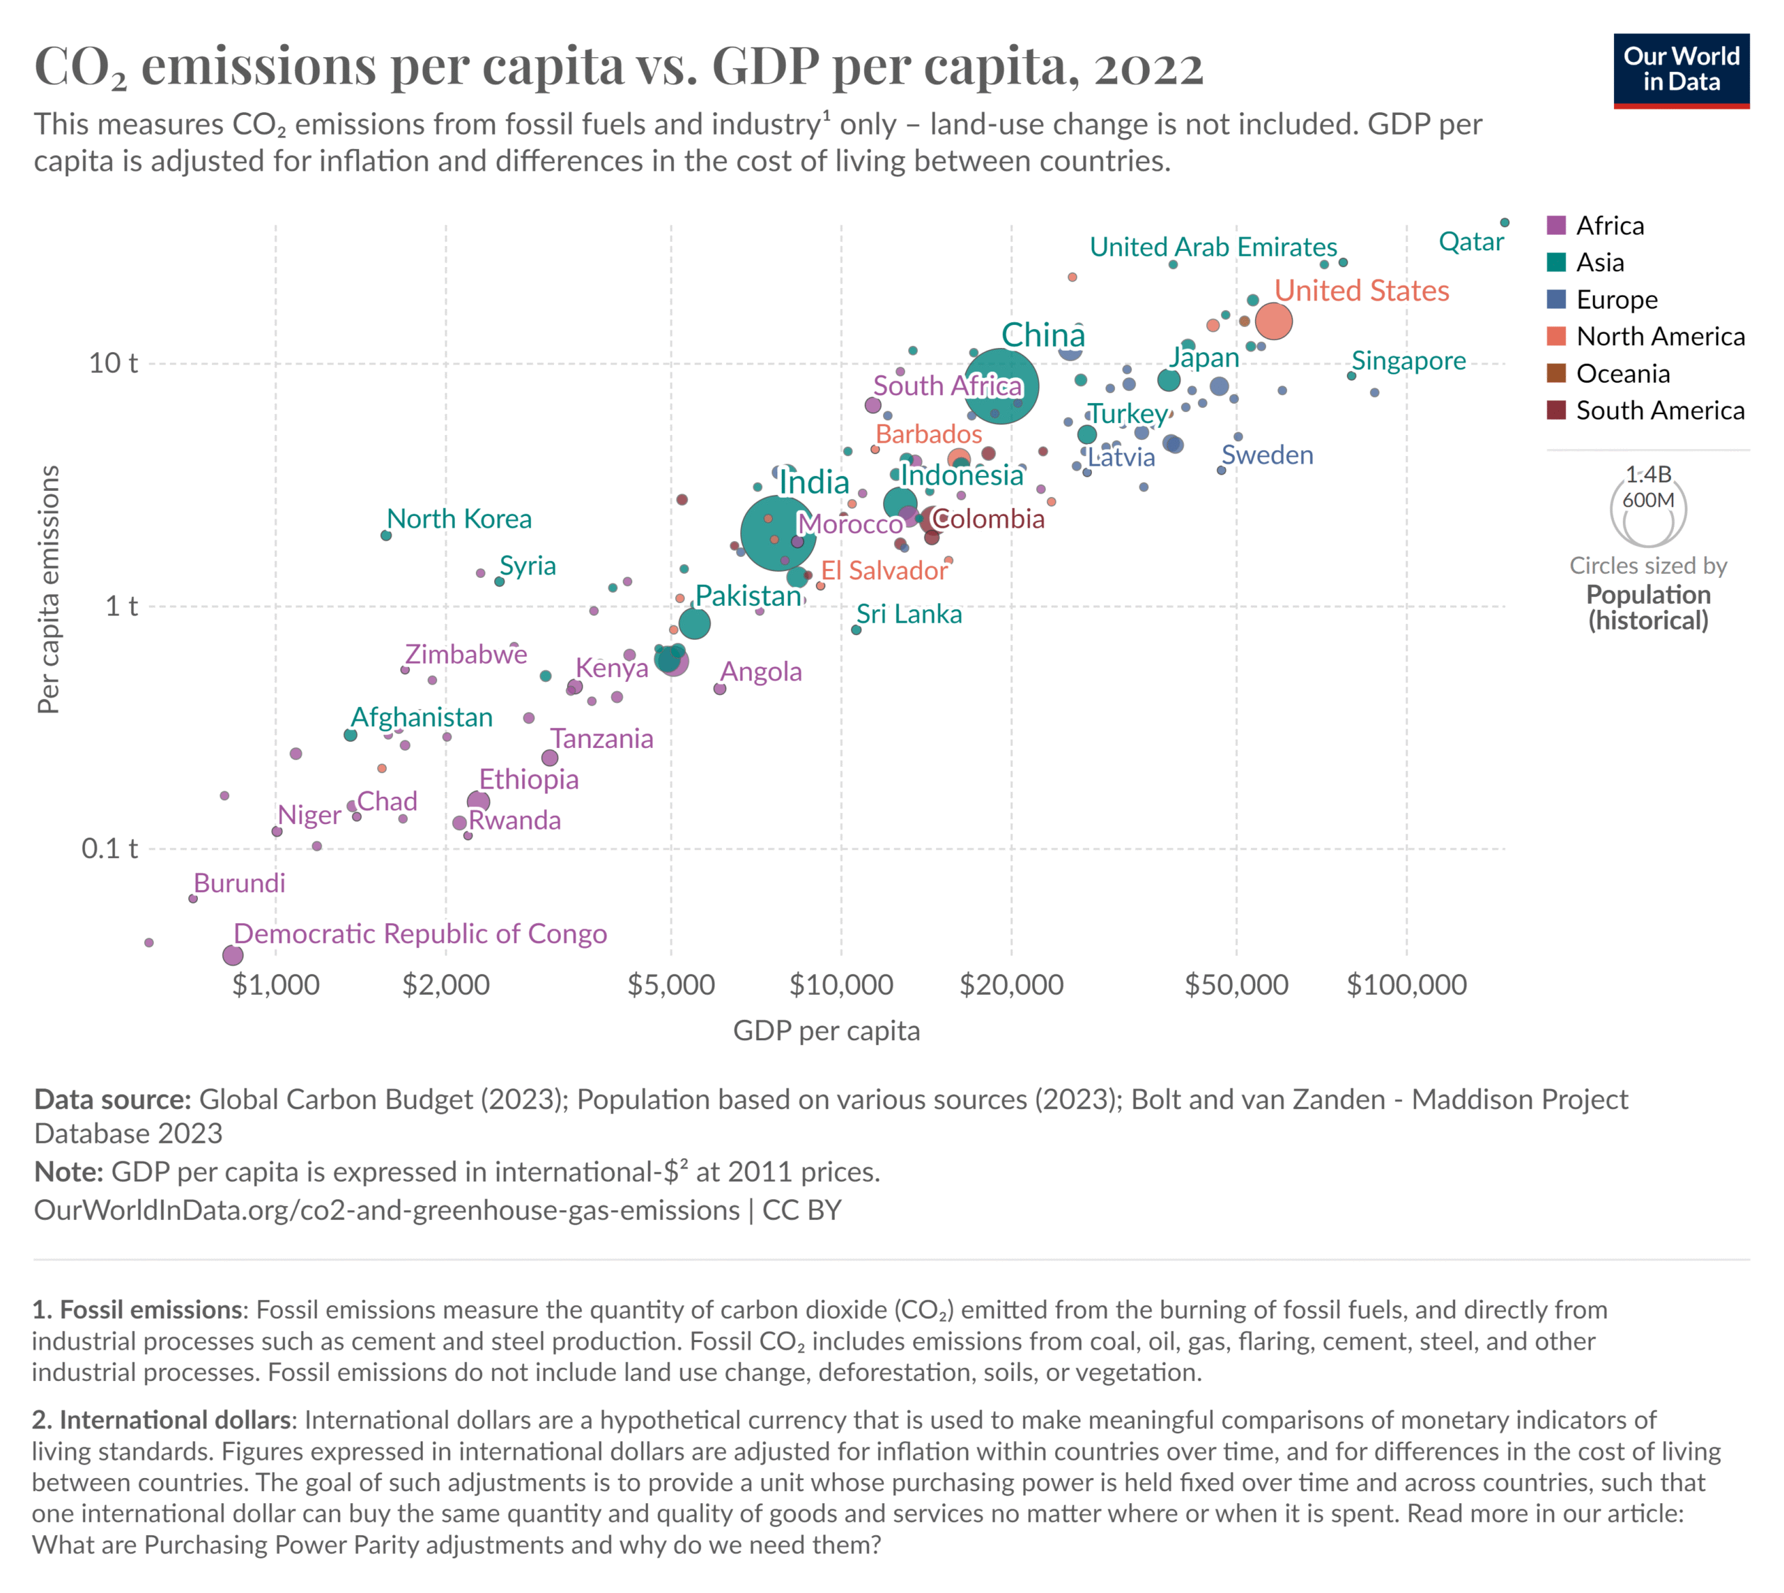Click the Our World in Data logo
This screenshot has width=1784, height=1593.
click(1680, 70)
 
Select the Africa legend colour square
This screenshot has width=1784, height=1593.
click(1555, 225)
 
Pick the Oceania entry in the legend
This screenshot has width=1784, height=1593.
click(1622, 374)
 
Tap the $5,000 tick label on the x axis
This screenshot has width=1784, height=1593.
click(671, 984)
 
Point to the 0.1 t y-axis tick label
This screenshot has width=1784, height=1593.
click(109, 848)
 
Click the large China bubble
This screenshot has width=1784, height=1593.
click(1002, 386)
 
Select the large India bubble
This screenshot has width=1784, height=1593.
click(778, 532)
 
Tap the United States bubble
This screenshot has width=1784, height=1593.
click(1273, 321)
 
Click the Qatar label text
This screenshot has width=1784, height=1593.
click(1471, 243)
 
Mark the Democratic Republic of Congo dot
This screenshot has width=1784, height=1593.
click(232, 955)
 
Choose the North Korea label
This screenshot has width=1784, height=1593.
click(459, 519)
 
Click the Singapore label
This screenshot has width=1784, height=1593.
click(1408, 360)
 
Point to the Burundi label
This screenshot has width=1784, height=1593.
click(240, 883)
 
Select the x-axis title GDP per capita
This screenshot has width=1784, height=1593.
click(826, 1031)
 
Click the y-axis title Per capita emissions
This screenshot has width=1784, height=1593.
click(49, 589)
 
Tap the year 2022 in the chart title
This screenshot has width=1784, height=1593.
click(1148, 68)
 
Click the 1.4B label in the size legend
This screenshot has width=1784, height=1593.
click(1648, 474)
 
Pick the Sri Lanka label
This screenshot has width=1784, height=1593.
click(909, 614)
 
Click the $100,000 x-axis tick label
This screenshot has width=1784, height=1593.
click(1406, 984)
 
